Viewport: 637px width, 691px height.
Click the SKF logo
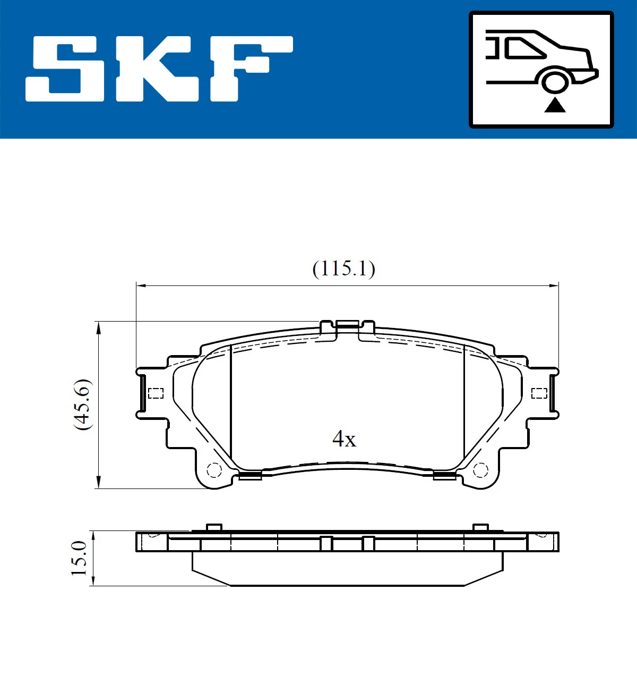click(x=159, y=69)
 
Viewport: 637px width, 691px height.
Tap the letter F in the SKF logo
click(x=249, y=69)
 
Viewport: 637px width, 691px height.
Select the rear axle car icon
click(x=541, y=70)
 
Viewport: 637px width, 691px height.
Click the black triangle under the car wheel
click(x=555, y=105)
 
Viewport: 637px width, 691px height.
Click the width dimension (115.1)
click(x=343, y=268)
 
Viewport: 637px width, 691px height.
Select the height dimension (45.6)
click(x=83, y=404)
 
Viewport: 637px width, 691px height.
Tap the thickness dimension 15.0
click(x=79, y=558)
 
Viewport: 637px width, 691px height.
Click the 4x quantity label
click(x=344, y=439)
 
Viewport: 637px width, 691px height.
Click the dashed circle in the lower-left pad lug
click(x=214, y=470)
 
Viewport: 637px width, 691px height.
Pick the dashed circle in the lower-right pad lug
click(x=480, y=470)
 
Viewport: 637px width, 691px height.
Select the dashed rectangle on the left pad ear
click(x=156, y=393)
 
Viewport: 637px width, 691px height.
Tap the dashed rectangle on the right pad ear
click(x=539, y=393)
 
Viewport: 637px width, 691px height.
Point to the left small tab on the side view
click(x=213, y=527)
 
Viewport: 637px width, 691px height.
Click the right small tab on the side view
click(x=480, y=527)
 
